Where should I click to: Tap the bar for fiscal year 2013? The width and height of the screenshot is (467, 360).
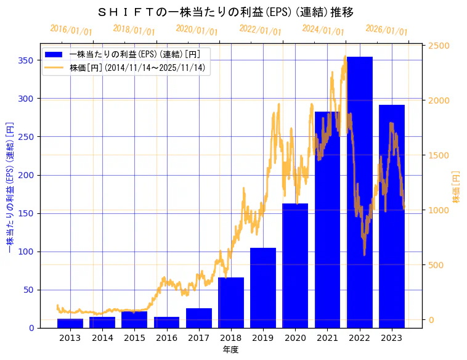click(x=70, y=323)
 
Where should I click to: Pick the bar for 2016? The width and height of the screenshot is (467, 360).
click(x=166, y=322)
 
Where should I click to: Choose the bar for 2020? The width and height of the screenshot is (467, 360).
click(x=295, y=266)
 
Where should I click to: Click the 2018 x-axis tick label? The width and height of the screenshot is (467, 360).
click(x=230, y=338)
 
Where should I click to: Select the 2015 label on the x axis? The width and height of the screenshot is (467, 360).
click(x=134, y=338)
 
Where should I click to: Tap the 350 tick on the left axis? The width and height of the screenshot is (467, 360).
click(x=28, y=60)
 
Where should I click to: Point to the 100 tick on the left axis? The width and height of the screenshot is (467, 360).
click(x=28, y=252)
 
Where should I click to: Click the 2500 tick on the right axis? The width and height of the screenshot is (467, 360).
click(x=439, y=46)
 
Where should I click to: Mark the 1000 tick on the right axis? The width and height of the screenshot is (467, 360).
click(x=439, y=210)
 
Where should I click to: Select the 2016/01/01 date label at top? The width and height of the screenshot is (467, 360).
click(x=71, y=30)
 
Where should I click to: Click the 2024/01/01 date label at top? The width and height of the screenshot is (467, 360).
click(x=323, y=30)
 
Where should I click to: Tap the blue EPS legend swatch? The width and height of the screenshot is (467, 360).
click(x=54, y=54)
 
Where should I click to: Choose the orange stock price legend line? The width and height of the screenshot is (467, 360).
click(x=54, y=67)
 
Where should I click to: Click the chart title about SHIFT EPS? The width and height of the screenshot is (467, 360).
click(x=225, y=12)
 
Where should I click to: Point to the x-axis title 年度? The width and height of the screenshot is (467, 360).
click(x=230, y=350)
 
